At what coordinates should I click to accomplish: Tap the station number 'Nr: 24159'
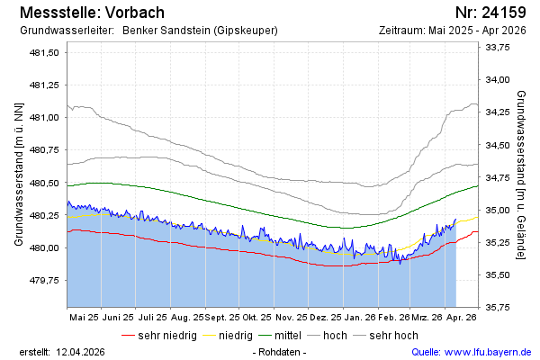[x=490, y=13]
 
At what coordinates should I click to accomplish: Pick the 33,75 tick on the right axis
[x=498, y=48]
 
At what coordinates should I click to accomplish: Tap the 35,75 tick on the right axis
[x=498, y=307]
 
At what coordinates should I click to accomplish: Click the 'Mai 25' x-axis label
[x=84, y=318]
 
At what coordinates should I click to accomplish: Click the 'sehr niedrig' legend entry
[x=167, y=336]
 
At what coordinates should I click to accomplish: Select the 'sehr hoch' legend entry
[x=393, y=336]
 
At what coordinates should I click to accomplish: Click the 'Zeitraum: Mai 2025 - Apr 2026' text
[x=454, y=31]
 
